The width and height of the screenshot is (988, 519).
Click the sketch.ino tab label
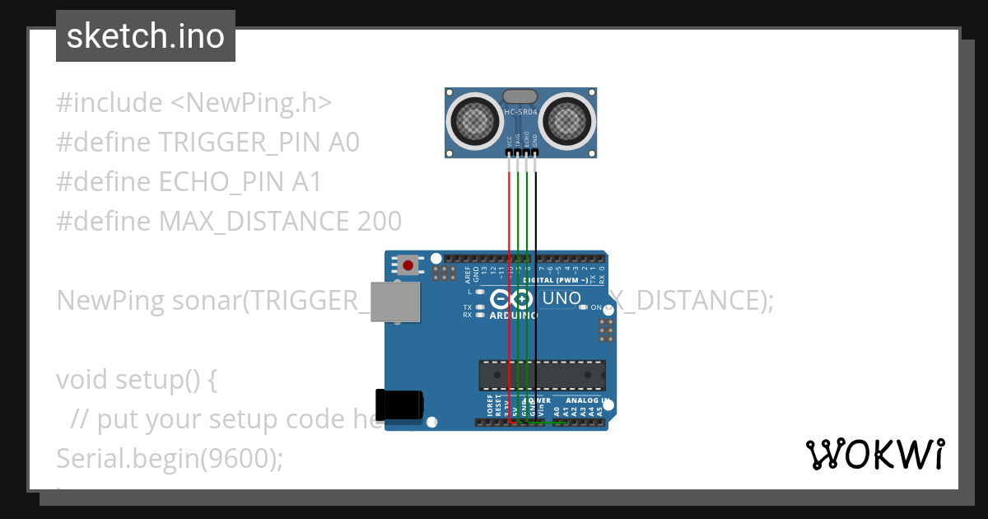coord(145,36)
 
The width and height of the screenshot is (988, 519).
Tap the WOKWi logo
coord(874,454)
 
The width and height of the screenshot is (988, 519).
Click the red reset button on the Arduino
coord(408,265)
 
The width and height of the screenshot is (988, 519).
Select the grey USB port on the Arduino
coord(394,302)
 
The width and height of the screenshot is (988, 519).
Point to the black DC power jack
coord(398,404)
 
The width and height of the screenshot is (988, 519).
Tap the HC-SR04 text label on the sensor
coord(520,113)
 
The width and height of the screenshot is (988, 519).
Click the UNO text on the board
coord(562,298)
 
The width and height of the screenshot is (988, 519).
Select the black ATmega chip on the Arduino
coord(543,375)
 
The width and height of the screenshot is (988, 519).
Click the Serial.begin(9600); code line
coord(169,459)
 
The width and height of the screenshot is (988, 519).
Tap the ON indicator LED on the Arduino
coord(584,307)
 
